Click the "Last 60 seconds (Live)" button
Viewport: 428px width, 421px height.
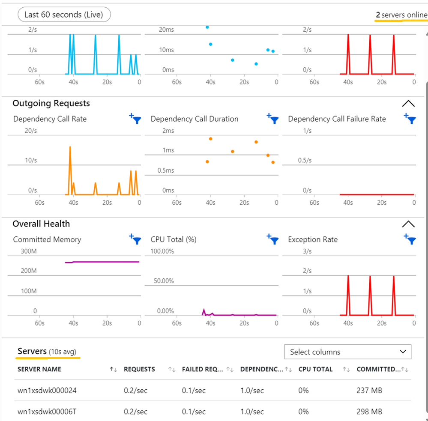click(x=64, y=15)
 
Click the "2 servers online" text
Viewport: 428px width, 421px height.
click(x=401, y=15)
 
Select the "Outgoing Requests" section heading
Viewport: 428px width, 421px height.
click(x=51, y=103)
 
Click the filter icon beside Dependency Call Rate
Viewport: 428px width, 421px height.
click(x=135, y=119)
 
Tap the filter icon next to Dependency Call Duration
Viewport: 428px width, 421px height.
click(x=272, y=119)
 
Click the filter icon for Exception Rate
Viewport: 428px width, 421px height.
click(x=410, y=239)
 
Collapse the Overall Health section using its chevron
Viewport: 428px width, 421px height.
click(x=408, y=224)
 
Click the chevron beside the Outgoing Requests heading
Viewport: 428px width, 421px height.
click(x=408, y=103)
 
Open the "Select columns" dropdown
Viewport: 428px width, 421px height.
click(x=347, y=352)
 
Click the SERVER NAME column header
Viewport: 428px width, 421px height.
click(x=39, y=369)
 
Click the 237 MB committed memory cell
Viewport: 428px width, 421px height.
click(x=369, y=391)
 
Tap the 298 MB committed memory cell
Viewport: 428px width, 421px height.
click(x=369, y=412)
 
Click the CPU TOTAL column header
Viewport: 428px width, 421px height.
click(x=315, y=369)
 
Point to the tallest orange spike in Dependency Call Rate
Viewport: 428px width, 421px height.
click(x=70, y=148)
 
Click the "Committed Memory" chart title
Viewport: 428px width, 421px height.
click(x=47, y=239)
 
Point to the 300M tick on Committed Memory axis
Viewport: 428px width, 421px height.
click(x=29, y=251)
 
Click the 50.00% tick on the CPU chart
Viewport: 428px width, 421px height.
click(x=164, y=281)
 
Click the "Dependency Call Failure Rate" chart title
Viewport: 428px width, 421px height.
click(x=337, y=119)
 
